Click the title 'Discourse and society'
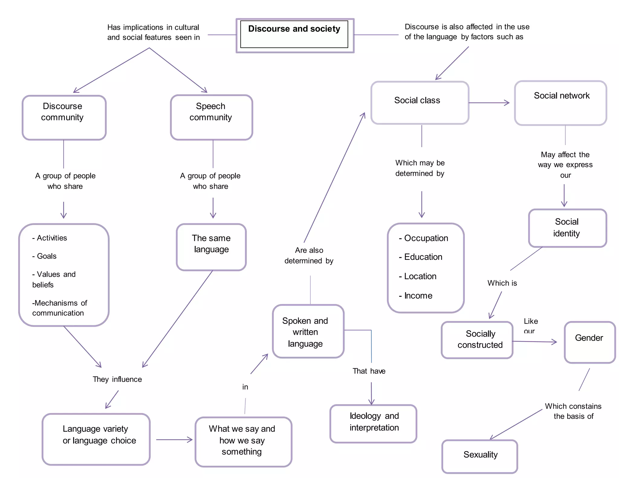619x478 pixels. [x=294, y=29]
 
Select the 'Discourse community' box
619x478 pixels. [x=64, y=118]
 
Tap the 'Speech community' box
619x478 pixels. [x=211, y=118]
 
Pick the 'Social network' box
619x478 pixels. [x=561, y=103]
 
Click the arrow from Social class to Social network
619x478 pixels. [x=489, y=103]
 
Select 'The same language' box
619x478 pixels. [x=211, y=247]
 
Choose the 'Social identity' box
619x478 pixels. [x=567, y=228]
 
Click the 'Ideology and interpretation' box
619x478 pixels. [x=374, y=423]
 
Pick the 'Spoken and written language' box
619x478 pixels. [x=308, y=331]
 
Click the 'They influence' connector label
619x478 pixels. [x=117, y=379]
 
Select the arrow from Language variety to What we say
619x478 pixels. [x=174, y=440]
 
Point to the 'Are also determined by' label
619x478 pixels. [x=309, y=255]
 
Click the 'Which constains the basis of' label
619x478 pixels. [x=573, y=411]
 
